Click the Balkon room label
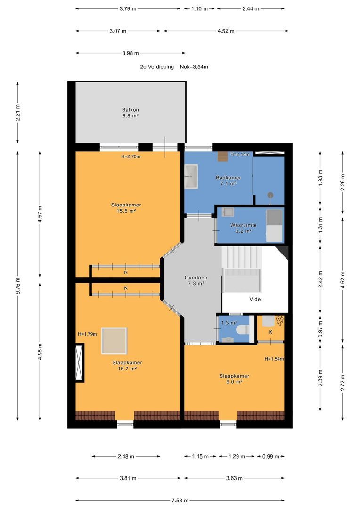130,113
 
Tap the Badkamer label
228,181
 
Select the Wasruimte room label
244,228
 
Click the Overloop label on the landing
196,280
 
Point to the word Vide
255,299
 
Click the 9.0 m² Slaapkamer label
234,379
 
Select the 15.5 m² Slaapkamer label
126,208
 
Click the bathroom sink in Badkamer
191,176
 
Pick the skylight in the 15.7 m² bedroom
114,341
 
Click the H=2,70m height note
131,156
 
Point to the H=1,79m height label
87,334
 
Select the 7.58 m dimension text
180,500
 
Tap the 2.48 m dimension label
126,456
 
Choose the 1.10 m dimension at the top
199,9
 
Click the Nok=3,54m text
194,67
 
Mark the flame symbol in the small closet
279,321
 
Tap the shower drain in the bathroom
270,195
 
